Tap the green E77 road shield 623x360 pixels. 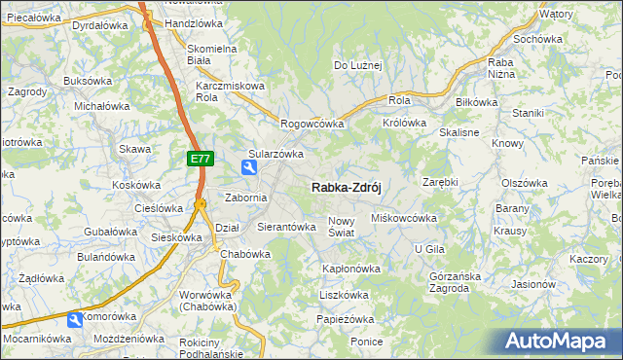coord(199,158)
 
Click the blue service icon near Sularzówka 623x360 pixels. coord(250,169)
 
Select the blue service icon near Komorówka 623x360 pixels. coord(76,319)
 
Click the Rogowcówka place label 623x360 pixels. coord(312,125)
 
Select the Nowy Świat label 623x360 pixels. coord(346,227)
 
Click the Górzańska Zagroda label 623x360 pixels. coord(456,282)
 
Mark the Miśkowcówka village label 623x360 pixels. coord(404,219)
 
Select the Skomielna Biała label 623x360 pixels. coord(212,54)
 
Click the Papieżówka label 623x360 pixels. coord(346,319)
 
